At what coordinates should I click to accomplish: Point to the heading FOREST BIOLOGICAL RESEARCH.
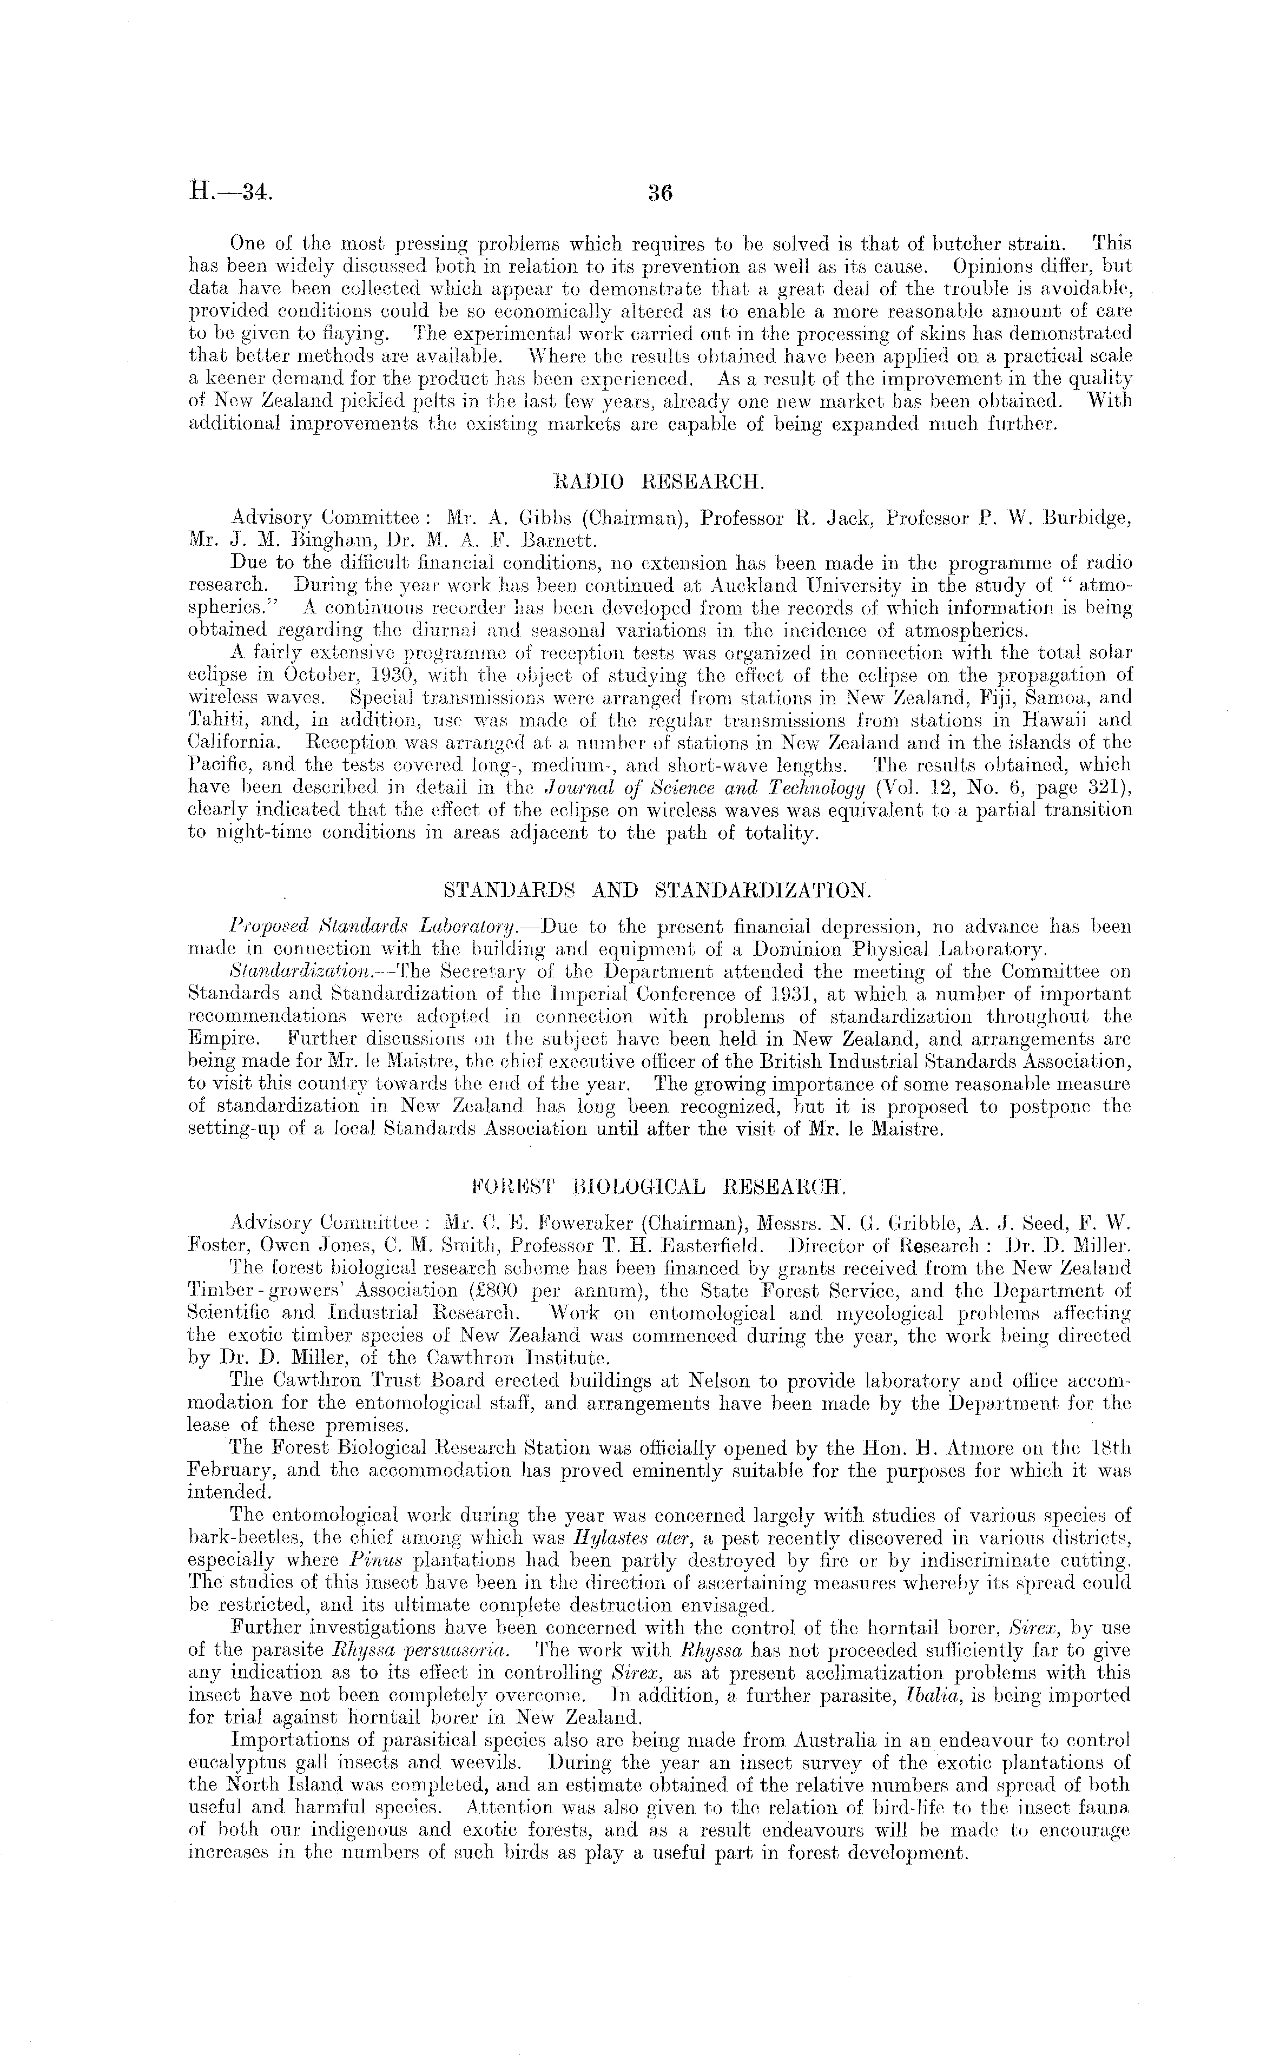coord(656,1187)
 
